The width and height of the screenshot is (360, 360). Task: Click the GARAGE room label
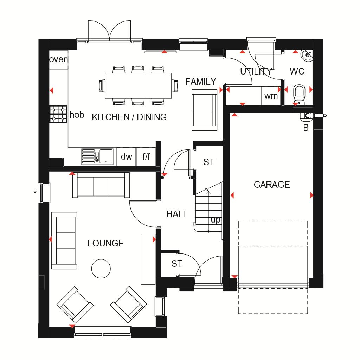(x=272, y=185)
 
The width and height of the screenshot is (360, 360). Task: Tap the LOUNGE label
(x=106, y=243)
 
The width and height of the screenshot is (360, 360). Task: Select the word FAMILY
(x=201, y=82)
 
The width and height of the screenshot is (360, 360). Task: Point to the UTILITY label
(x=256, y=72)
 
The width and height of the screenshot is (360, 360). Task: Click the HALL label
(x=177, y=214)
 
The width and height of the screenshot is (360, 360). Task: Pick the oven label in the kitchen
(x=59, y=59)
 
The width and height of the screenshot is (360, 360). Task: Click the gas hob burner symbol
(x=59, y=114)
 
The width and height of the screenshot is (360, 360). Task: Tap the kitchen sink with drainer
(x=97, y=156)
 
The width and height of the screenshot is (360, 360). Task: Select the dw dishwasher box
(x=127, y=157)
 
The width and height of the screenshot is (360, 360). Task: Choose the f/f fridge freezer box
(x=146, y=157)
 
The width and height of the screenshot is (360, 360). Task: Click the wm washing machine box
(x=271, y=96)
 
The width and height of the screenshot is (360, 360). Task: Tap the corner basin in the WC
(x=307, y=55)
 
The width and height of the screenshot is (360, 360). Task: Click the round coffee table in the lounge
(x=101, y=269)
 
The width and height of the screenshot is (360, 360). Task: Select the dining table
(x=138, y=86)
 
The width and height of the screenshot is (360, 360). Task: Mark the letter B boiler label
(x=306, y=128)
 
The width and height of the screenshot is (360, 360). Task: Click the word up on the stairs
(x=216, y=220)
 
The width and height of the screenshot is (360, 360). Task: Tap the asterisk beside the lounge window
(x=35, y=192)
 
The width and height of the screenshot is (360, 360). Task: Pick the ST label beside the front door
(x=177, y=264)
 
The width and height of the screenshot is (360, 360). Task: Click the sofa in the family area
(x=204, y=110)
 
